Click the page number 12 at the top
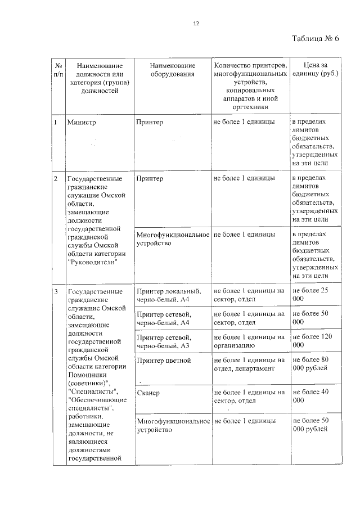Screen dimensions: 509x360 [x=196, y=24]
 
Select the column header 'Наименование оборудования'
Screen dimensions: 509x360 [x=173, y=70]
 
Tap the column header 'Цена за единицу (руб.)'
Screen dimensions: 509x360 [x=316, y=70]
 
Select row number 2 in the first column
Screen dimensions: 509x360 [x=55, y=179]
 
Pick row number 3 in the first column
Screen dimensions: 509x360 [x=55, y=292]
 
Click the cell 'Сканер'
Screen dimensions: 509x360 [x=148, y=393]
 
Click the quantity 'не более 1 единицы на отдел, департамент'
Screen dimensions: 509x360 [x=249, y=364]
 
